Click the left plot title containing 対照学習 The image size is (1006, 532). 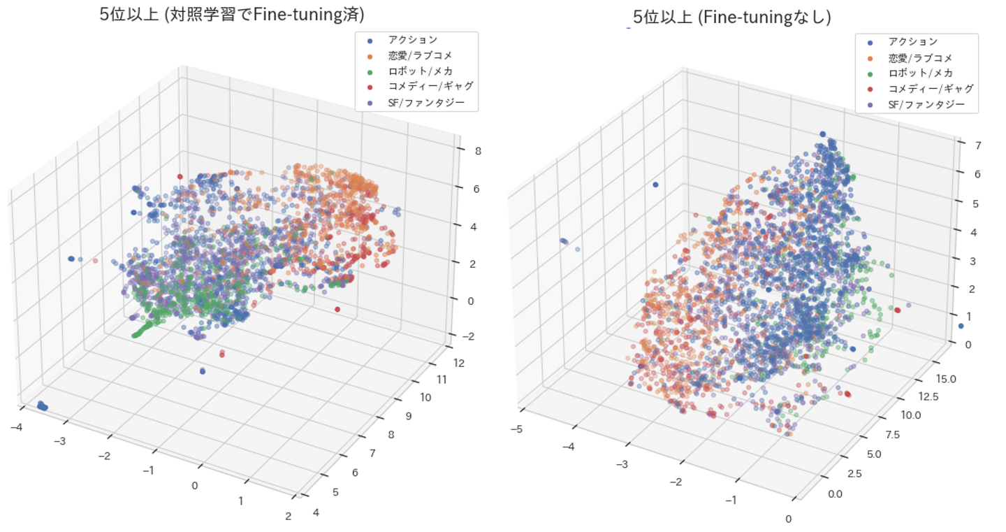[232, 15]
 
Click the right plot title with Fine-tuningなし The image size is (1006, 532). [731, 17]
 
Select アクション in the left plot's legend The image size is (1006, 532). [413, 40]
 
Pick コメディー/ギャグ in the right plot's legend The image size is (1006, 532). [931, 89]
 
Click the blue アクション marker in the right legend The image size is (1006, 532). [868, 41]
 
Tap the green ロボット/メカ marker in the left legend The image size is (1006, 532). [368, 71]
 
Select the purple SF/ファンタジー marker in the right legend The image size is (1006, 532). [868, 105]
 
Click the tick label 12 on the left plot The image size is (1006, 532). [459, 363]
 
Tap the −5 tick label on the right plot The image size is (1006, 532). [516, 429]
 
